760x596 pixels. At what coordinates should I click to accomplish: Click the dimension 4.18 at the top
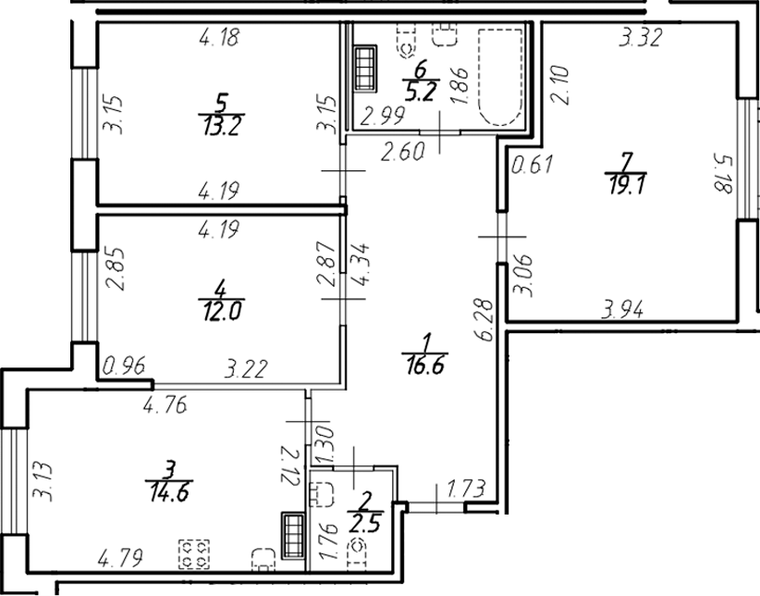pyautogui.click(x=219, y=38)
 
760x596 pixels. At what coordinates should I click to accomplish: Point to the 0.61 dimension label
pyautogui.click(x=531, y=166)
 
